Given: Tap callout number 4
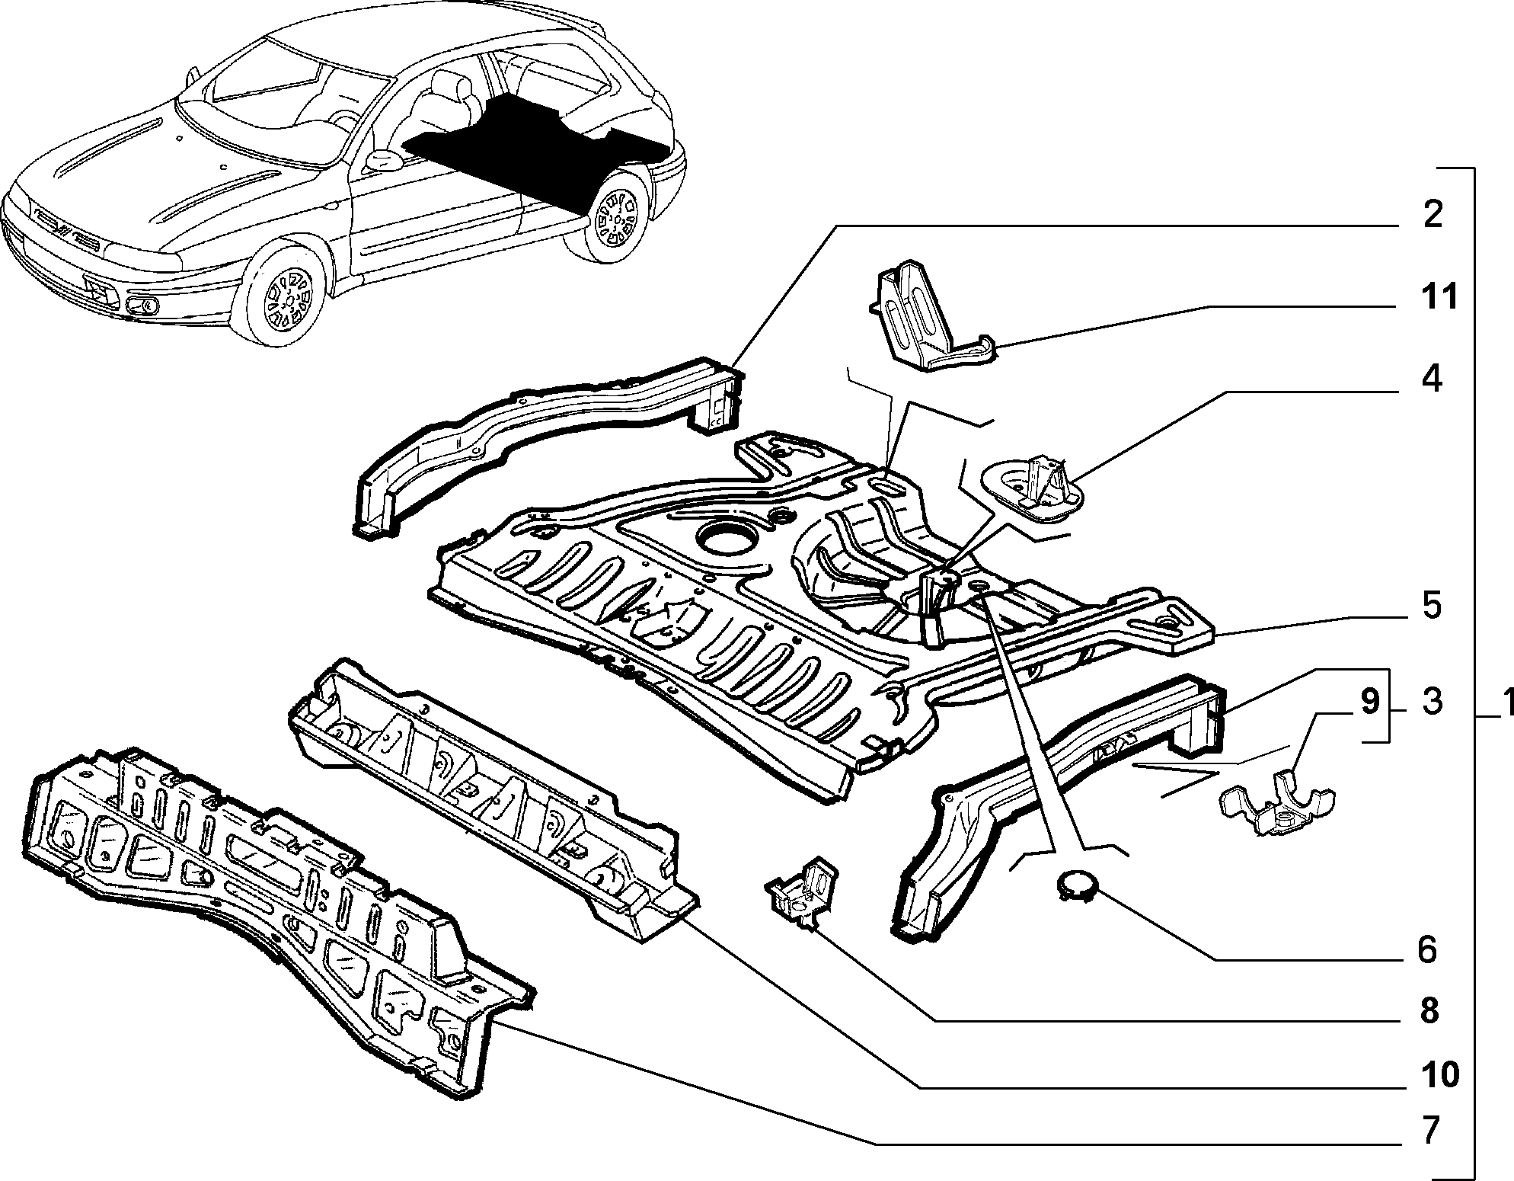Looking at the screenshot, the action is pos(1432,379).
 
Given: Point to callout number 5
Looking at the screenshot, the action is pos(1432,607).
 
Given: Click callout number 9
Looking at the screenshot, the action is pos(1370,702).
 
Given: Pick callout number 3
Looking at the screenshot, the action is pos(1432,702).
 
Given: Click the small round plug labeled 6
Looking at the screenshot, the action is pos(1075,885).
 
